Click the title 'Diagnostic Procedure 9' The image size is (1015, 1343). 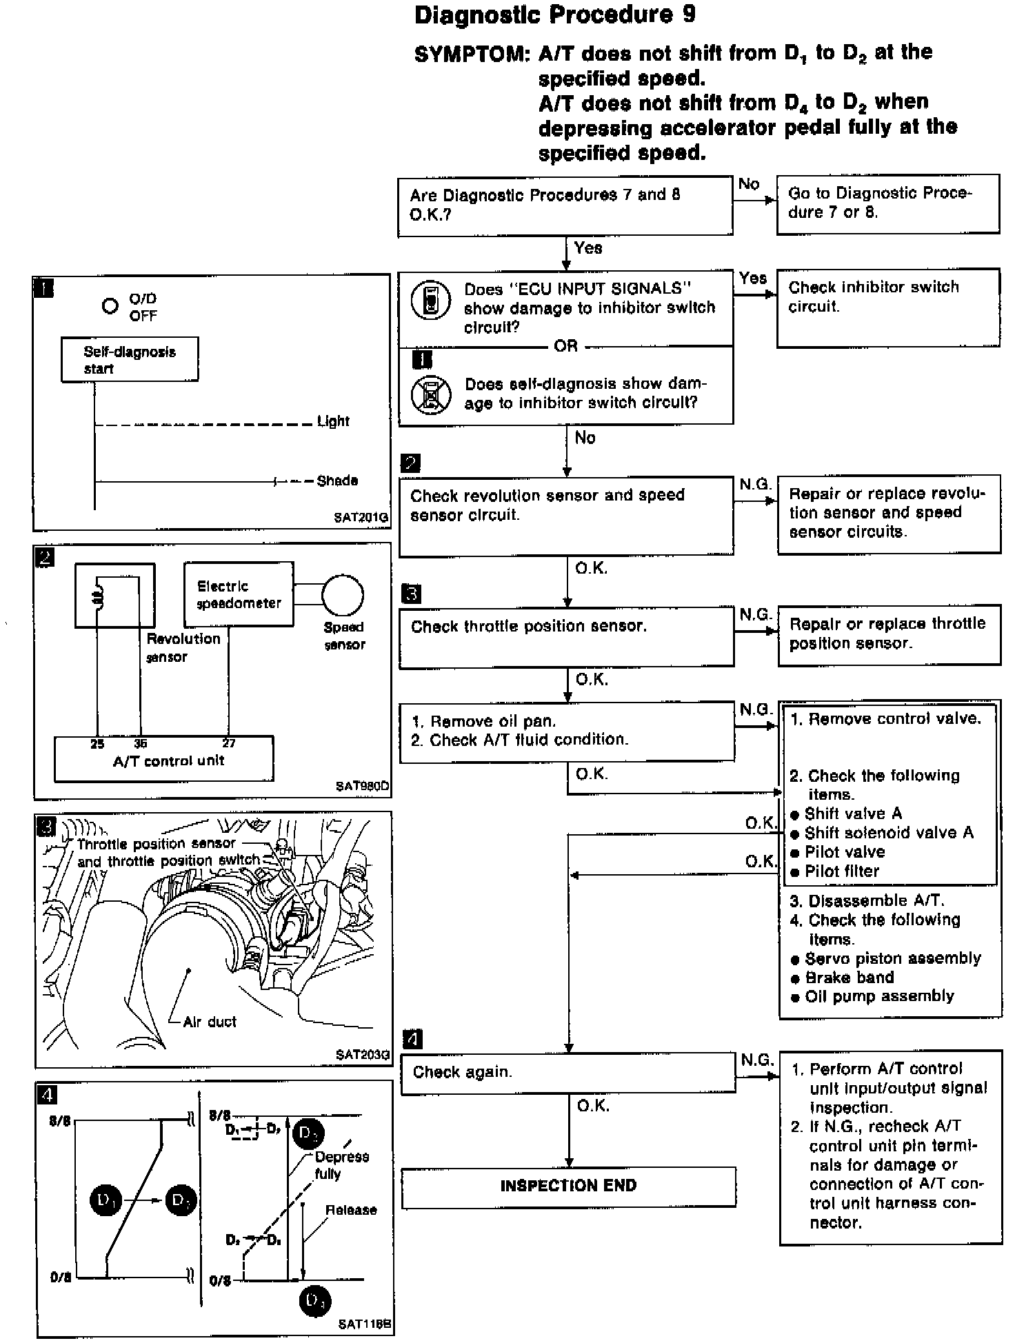(555, 16)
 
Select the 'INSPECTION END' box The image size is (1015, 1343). (568, 1186)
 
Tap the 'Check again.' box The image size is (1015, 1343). (568, 1072)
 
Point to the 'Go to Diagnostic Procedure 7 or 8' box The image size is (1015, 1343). (887, 203)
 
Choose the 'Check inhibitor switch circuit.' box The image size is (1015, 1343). (887, 307)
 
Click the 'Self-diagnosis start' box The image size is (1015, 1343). (130, 359)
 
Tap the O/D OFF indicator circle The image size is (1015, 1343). (110, 305)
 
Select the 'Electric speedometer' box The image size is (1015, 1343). (239, 594)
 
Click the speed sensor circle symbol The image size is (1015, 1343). (343, 595)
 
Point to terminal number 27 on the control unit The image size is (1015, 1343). (229, 743)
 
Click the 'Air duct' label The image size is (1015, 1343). (210, 1021)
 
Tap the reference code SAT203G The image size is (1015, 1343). (363, 1054)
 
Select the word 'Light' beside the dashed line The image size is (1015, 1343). (334, 421)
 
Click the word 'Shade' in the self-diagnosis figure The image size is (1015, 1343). (337, 481)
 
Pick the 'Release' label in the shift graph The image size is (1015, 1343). (351, 1210)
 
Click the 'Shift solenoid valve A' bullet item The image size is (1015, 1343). (889, 832)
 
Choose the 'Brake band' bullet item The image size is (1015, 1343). (850, 977)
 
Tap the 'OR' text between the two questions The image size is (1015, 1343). (565, 345)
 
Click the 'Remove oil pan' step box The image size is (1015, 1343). (566, 731)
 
